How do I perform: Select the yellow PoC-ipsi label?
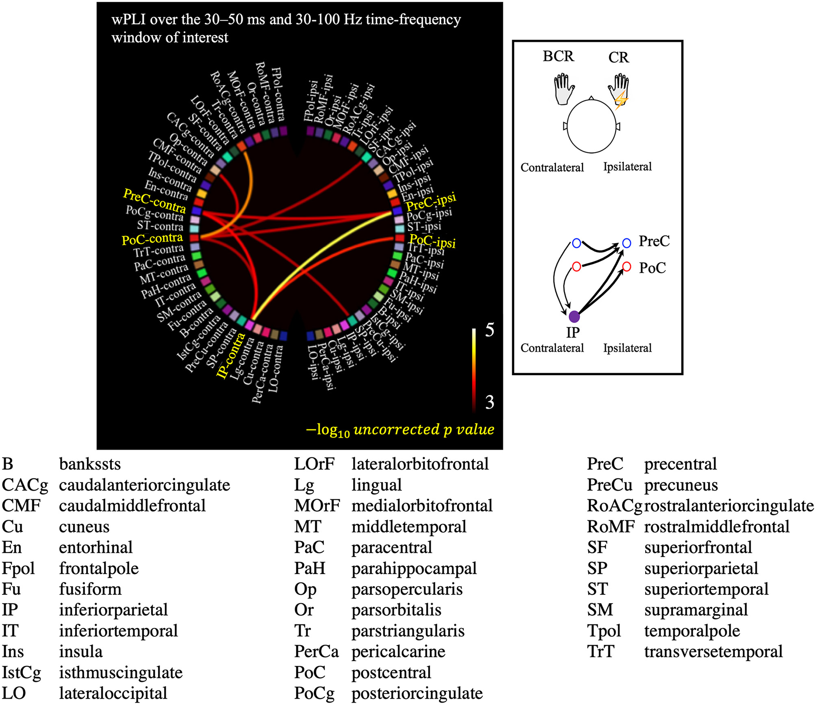tap(432, 241)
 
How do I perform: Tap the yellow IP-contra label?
tap(231, 356)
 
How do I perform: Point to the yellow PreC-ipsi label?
tap(431, 201)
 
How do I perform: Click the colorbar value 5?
tap(490, 330)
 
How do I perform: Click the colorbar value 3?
tap(490, 402)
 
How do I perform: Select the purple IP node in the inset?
tap(574, 317)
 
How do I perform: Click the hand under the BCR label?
tap(564, 89)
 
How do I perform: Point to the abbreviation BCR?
tap(558, 56)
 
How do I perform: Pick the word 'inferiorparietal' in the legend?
tap(113, 610)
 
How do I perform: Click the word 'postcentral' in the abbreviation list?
tap(391, 673)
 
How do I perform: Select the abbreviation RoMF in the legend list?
tap(611, 527)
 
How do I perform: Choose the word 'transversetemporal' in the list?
tap(713, 652)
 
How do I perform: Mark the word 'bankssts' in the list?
tap(90, 464)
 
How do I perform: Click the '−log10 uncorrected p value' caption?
tap(400, 430)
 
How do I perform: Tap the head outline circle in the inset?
tap(591, 126)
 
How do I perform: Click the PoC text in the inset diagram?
tap(653, 268)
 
